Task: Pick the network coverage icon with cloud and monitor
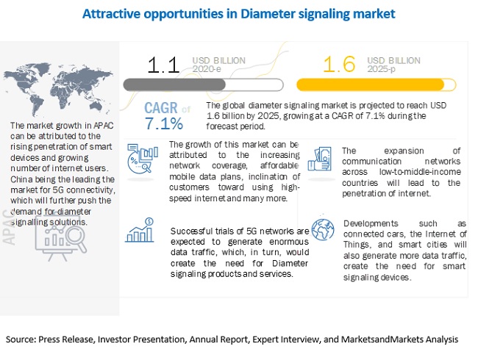(143, 158)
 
